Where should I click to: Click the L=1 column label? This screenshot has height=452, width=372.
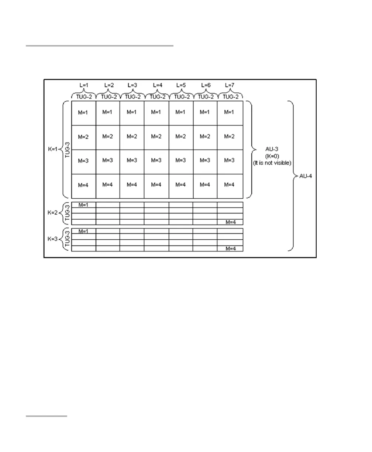pos(84,85)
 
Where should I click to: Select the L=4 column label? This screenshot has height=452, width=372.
pos(157,85)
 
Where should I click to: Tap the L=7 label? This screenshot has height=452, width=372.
pos(230,85)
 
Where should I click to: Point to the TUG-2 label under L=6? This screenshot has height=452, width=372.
pos(206,97)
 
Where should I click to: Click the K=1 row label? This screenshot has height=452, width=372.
pos(53,150)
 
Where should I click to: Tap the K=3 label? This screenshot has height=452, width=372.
pos(53,239)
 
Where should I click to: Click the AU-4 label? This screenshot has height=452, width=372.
pos(305,176)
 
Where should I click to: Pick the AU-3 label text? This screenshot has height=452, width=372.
pos(273,149)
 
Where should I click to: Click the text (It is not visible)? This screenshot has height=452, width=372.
pos(273,163)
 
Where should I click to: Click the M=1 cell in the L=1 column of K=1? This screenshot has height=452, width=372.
pos(84,113)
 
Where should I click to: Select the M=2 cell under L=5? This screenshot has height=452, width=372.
pos(181,137)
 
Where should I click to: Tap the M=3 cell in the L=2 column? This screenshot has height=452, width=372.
pos(108,161)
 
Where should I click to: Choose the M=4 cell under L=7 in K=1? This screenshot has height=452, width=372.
pos(230,185)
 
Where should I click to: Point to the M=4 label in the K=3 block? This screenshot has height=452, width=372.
pos(230,249)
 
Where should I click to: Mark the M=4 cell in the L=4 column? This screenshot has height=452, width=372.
pos(157,185)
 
